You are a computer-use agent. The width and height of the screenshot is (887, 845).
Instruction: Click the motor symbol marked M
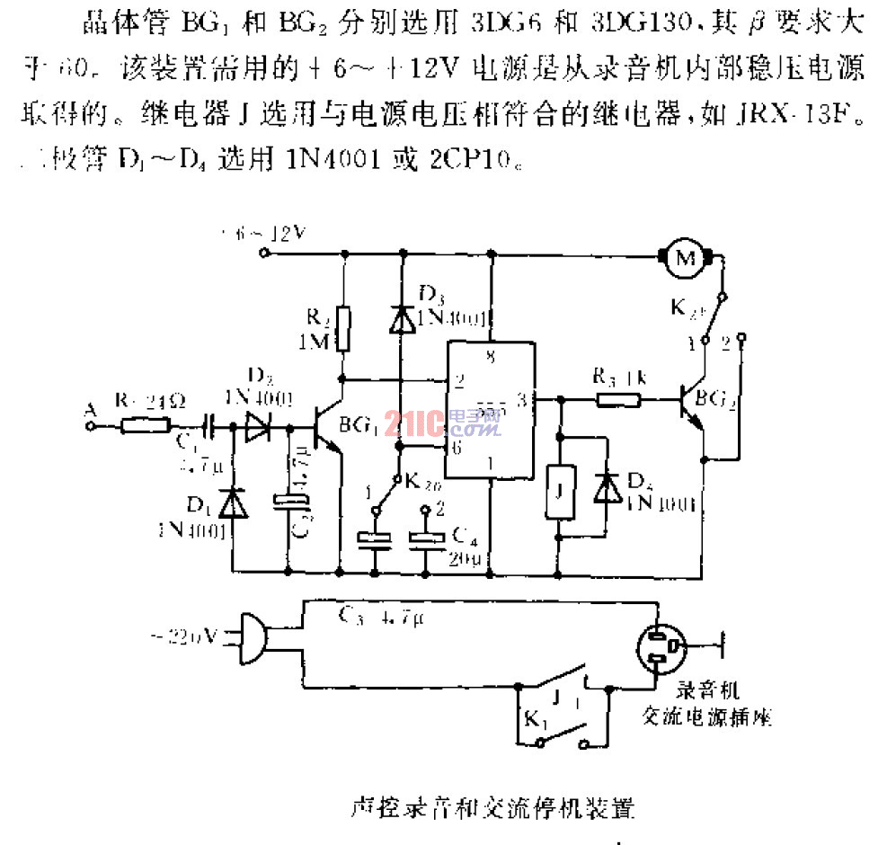(686, 258)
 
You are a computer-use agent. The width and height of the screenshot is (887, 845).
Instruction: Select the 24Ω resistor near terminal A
(144, 427)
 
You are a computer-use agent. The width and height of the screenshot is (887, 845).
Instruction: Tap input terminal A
(89, 427)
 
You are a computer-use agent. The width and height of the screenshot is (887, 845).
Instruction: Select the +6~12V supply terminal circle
(264, 253)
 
